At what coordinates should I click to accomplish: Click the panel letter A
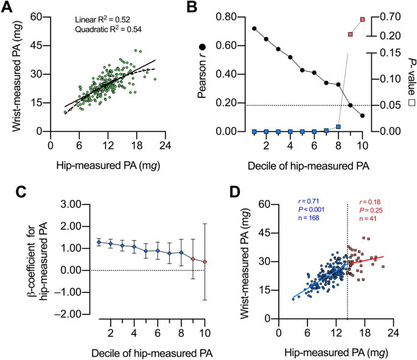click(9, 8)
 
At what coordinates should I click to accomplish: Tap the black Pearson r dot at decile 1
click(254, 29)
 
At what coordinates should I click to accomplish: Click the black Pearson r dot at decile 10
click(362, 116)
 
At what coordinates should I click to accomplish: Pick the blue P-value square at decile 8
click(338, 127)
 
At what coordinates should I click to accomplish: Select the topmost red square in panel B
click(362, 19)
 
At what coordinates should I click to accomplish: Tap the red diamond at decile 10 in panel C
click(205, 261)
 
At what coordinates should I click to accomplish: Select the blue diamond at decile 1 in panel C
click(99, 243)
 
